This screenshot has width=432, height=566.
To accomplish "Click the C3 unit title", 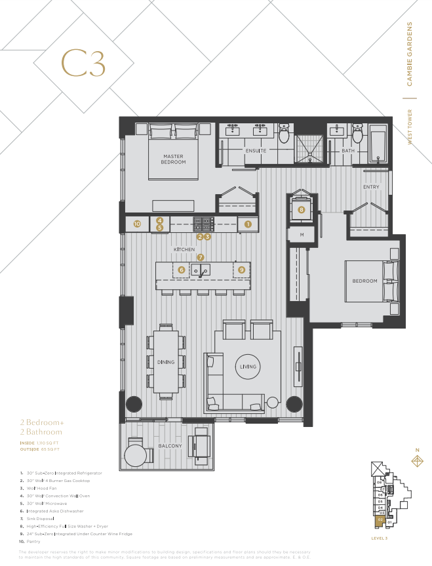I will pos(83,63).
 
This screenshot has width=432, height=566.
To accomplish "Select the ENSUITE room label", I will pos(256,151).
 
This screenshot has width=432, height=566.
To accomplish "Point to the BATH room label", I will pos(347,151).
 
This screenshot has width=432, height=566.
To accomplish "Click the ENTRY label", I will pos(371,187).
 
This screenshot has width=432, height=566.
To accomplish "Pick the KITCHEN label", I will pos(184,250).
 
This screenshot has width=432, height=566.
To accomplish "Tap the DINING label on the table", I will pos(166,361).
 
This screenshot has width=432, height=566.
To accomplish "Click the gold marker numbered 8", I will pos(302,210).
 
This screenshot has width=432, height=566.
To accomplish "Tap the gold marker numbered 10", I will pos(137,224).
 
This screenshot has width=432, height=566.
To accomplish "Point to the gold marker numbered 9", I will pos(242,270).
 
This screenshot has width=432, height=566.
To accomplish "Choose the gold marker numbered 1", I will pos(248,224).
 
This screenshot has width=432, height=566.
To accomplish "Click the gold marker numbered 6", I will pos(181,270).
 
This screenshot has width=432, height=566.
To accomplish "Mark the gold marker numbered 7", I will pos(201,257).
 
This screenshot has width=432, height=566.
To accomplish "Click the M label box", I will pos(302,234).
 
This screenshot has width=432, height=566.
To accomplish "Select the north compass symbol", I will pos(416,460).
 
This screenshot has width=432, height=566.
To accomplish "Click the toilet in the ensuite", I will pos(284,134).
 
